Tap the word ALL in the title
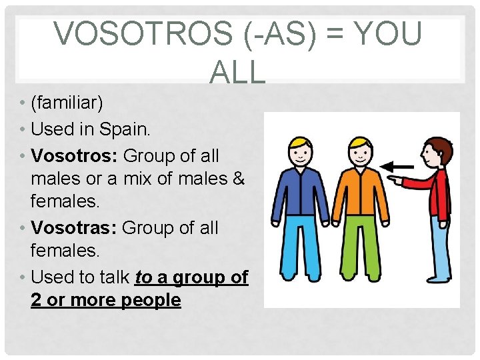tap(237, 72)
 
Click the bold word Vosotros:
tap(74, 155)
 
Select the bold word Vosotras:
tap(74, 227)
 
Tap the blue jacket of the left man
tap(300, 193)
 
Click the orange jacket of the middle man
tap(360, 193)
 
